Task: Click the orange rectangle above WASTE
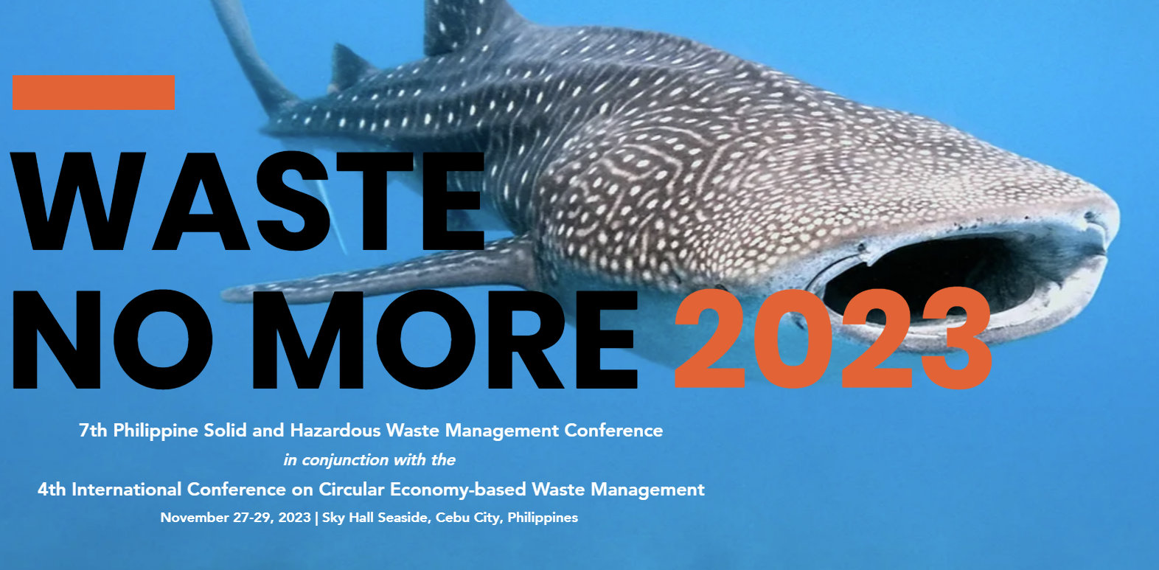(x=94, y=93)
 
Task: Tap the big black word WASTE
(x=247, y=201)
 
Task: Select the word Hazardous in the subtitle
(x=335, y=430)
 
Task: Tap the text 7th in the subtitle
(x=93, y=430)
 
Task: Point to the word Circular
(x=352, y=489)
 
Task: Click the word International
(x=126, y=489)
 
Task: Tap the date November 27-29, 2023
(x=235, y=518)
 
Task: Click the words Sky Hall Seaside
(x=377, y=518)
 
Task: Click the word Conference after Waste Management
(x=613, y=430)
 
